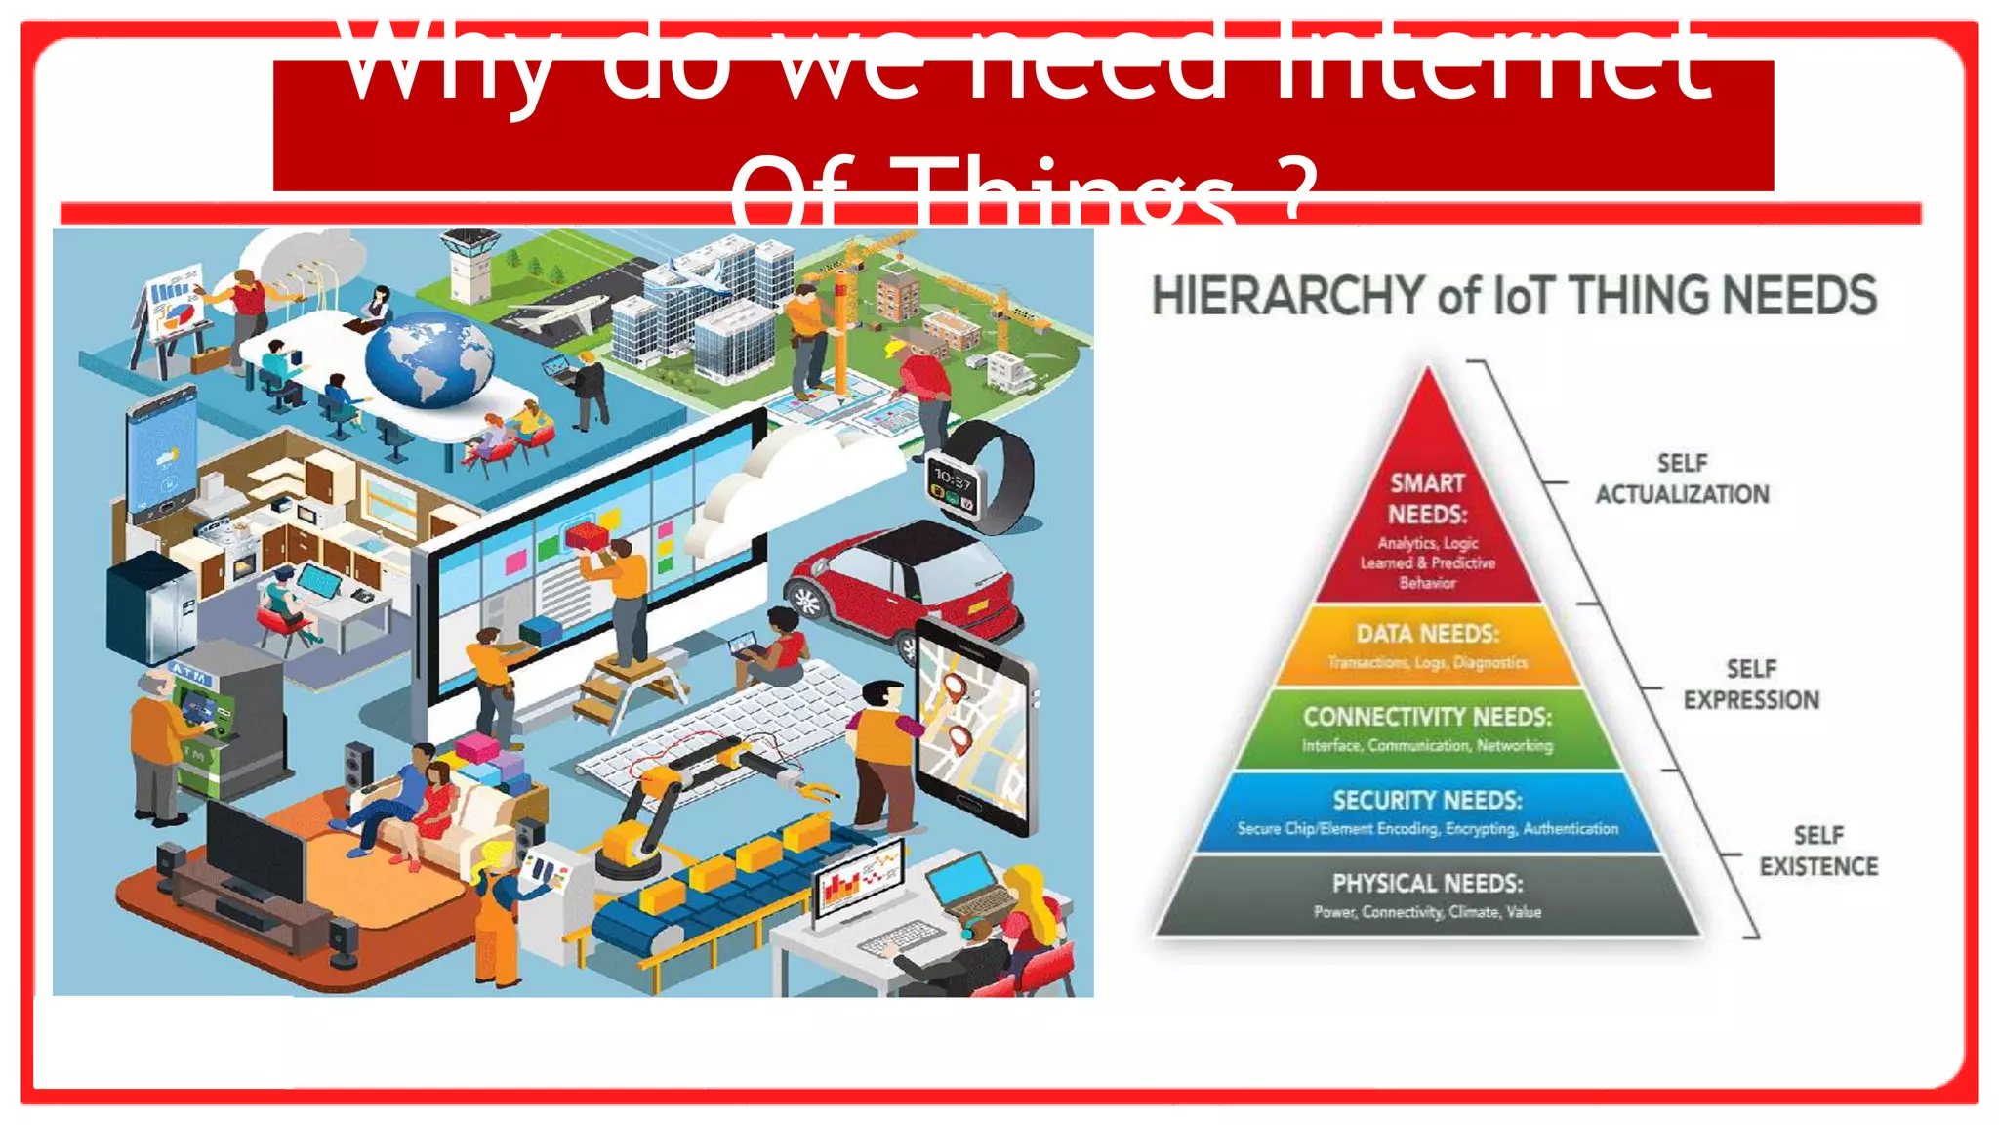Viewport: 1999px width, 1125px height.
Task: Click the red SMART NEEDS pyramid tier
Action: pos(1428,527)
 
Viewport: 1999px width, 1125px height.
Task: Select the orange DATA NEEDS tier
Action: pos(1428,646)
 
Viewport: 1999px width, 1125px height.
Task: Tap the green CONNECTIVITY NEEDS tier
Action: pos(1428,729)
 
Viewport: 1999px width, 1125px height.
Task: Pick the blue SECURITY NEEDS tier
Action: pos(1428,812)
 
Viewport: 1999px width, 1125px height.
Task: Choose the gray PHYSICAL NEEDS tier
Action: pos(1428,895)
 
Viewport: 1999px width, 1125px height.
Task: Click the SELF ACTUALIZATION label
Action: pos(1682,479)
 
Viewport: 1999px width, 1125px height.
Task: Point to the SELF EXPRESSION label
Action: pos(1751,684)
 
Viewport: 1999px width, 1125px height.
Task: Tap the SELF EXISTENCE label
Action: pos(1817,851)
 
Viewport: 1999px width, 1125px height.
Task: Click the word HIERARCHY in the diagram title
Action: pos(1288,295)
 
